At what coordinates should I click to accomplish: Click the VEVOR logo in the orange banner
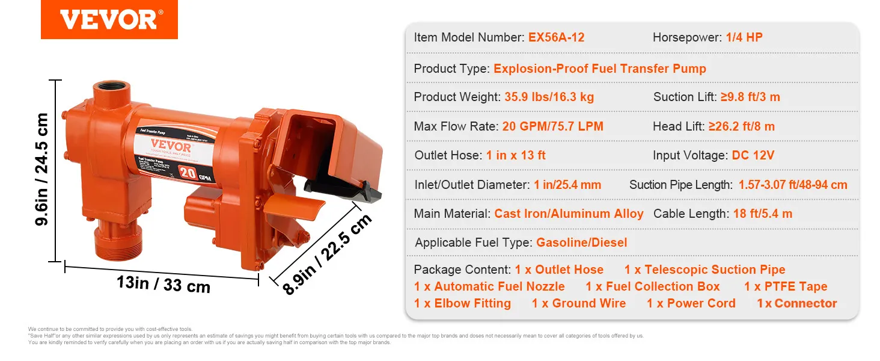[109, 20]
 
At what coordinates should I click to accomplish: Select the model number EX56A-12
[556, 37]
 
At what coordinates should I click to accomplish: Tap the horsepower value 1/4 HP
[744, 37]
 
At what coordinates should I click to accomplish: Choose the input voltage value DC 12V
[753, 155]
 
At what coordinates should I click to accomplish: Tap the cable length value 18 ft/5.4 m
[762, 214]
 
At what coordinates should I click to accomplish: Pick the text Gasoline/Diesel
[581, 242]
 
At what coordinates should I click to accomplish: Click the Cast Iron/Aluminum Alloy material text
[569, 214]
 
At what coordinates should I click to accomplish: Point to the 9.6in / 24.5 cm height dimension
[42, 170]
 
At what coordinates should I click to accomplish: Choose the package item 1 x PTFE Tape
[786, 286]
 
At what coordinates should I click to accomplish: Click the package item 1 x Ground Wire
[578, 303]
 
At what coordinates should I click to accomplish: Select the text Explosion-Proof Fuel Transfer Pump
[599, 69]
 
